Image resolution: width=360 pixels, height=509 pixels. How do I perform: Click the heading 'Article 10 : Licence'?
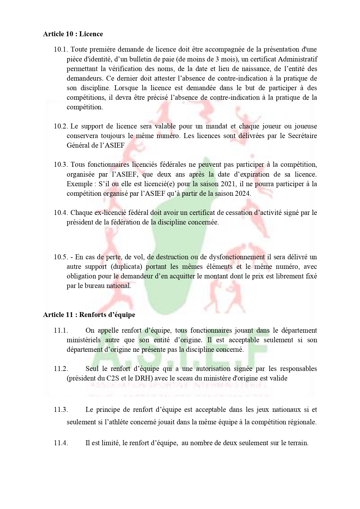click(x=73, y=34)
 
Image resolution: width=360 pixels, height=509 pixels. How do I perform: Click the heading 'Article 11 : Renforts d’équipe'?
click(x=89, y=315)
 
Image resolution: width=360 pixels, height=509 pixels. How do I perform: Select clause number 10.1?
click(x=61, y=50)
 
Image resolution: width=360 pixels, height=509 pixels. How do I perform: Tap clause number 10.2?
click(x=61, y=126)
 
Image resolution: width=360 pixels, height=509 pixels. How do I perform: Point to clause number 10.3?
click(x=61, y=165)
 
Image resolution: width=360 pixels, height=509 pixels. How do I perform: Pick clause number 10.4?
click(x=61, y=213)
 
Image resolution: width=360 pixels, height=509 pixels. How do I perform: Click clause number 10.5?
click(x=61, y=257)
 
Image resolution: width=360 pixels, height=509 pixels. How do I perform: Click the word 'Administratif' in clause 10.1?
click(x=298, y=59)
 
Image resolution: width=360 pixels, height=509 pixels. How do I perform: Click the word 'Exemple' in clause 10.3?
click(x=77, y=184)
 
